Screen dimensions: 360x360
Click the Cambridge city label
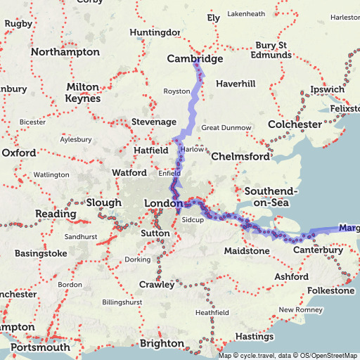pos(195,59)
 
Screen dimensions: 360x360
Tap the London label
pos(163,203)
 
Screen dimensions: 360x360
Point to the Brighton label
pos(162,343)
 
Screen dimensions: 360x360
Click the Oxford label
pos(18,153)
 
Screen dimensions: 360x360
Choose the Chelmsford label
pos(240,156)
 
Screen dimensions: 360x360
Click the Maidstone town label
pos(247,251)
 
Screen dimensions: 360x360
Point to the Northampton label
pos(65,52)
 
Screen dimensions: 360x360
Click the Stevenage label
pos(154,122)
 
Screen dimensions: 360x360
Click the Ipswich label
pos(328,89)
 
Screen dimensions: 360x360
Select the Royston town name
pos(176,91)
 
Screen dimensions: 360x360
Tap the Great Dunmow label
pos(226,128)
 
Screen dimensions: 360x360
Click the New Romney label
pos(300,309)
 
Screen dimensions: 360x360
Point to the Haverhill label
pos(236,84)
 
